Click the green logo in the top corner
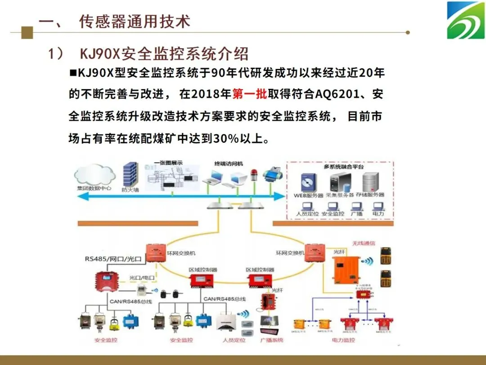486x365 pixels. click(465, 20)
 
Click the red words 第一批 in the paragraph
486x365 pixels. click(250, 94)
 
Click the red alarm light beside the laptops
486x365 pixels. click(254, 175)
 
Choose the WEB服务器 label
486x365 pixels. click(309, 195)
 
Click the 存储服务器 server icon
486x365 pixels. click(370, 182)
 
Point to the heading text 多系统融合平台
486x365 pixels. click(344, 167)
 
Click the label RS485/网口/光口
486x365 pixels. click(113, 259)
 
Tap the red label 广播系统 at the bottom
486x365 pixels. click(272, 340)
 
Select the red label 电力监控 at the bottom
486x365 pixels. click(343, 340)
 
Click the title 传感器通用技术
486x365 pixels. click(135, 22)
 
